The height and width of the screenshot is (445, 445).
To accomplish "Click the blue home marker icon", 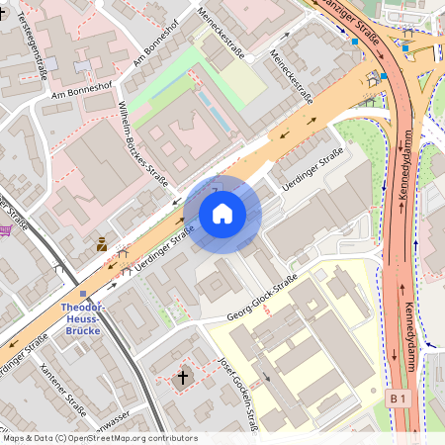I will (222, 214).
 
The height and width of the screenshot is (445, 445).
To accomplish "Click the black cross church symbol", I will (181, 377).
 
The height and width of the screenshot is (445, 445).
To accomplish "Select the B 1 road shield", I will (398, 398).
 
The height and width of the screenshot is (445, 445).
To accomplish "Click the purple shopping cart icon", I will (7, 229).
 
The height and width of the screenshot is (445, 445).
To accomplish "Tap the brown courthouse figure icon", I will (102, 243).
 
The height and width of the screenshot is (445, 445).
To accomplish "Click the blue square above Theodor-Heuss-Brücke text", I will (83, 293).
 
